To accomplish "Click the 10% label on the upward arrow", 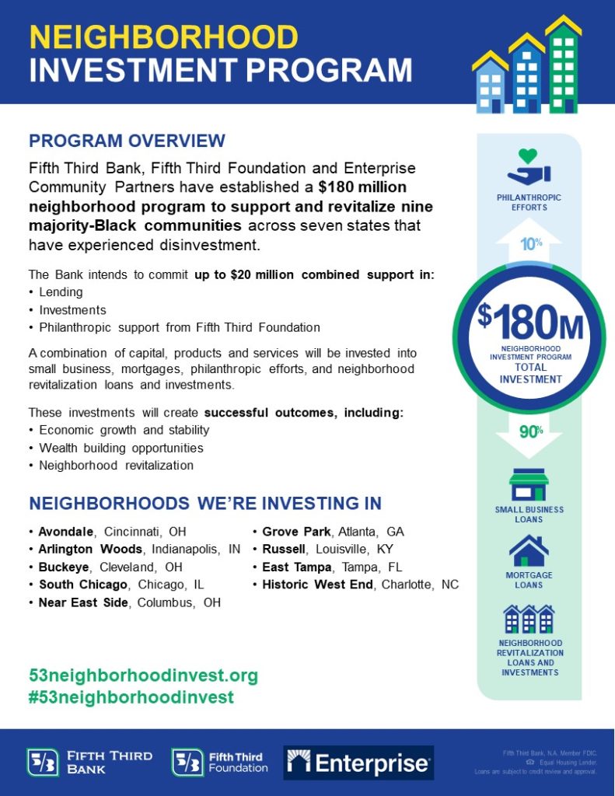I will click(x=531, y=243).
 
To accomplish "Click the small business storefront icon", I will click(x=529, y=484).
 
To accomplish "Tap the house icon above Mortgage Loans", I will click(x=529, y=550).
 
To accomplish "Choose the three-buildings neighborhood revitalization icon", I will click(x=529, y=619).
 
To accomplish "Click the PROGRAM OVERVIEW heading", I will click(x=127, y=141).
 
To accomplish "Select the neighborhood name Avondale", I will click(x=66, y=532).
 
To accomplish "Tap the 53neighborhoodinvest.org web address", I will click(x=142, y=676).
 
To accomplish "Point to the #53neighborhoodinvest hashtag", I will click(x=131, y=697).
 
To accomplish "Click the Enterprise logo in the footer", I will click(x=358, y=763).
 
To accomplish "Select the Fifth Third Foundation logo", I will click(x=219, y=763).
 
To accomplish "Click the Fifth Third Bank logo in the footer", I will click(x=89, y=763).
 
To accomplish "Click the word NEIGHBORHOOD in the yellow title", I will click(x=163, y=37).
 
